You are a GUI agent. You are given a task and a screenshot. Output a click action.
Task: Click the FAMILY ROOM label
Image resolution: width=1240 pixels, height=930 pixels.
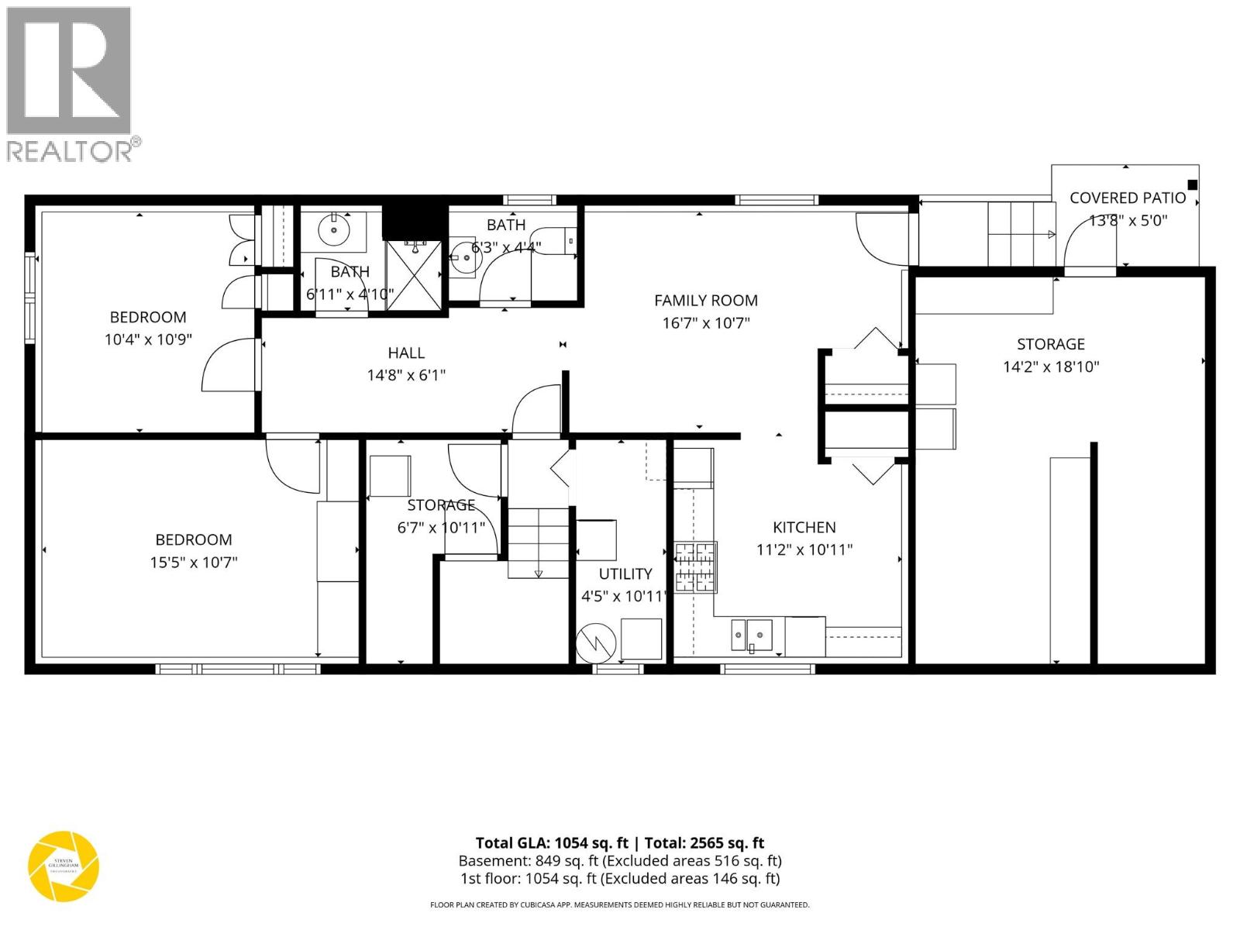pos(705,301)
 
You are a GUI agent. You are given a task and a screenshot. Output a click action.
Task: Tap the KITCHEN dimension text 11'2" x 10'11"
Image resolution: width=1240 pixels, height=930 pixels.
pos(804,549)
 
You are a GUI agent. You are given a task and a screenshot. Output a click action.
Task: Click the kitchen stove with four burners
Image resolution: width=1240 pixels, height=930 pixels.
pos(695,567)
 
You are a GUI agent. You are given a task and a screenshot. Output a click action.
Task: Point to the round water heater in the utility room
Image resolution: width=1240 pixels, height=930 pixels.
pos(595,641)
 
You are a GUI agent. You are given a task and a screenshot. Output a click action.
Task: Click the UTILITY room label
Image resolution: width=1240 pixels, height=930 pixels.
pos(625,574)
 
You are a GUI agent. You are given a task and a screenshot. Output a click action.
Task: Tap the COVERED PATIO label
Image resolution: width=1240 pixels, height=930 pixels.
pos(1127,198)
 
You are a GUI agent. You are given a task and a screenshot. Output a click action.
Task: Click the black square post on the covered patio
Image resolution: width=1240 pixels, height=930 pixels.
pos(1193,184)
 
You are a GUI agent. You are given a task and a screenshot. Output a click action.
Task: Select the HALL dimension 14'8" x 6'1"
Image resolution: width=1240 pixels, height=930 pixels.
pos(406,376)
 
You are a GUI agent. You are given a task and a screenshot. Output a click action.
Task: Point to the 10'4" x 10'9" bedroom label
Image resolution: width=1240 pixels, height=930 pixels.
pos(147,317)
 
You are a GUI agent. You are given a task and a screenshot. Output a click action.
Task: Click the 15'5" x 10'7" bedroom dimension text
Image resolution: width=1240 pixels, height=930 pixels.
pos(193,562)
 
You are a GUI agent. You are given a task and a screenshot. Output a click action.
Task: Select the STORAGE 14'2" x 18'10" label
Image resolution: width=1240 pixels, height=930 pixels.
pos(1050,344)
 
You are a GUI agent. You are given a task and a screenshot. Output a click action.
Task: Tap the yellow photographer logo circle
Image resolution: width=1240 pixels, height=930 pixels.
pos(64,866)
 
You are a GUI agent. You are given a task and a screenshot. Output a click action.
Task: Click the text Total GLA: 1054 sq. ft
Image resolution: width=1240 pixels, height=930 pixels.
pos(551,843)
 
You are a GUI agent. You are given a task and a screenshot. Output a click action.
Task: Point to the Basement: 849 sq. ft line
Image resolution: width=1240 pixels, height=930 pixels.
pos(619,861)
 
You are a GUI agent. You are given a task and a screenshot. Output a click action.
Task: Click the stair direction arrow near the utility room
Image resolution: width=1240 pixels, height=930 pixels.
pos(539,573)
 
